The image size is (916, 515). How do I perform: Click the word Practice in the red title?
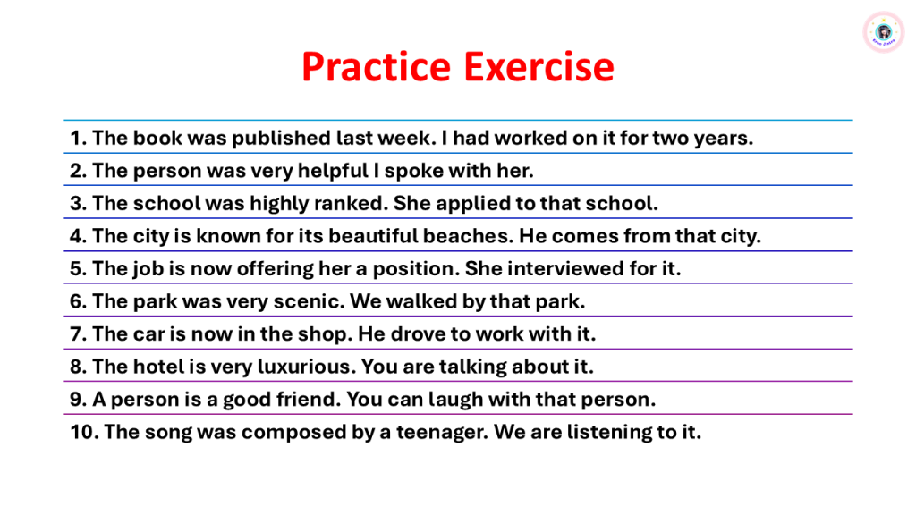click(x=377, y=66)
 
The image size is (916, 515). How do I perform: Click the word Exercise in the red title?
click(x=539, y=66)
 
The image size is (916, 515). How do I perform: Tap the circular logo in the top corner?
click(x=883, y=31)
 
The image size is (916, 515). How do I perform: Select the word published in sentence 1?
click(x=281, y=139)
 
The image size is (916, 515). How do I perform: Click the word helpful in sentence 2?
click(x=333, y=171)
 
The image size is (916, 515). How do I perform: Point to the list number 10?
click(x=85, y=432)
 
